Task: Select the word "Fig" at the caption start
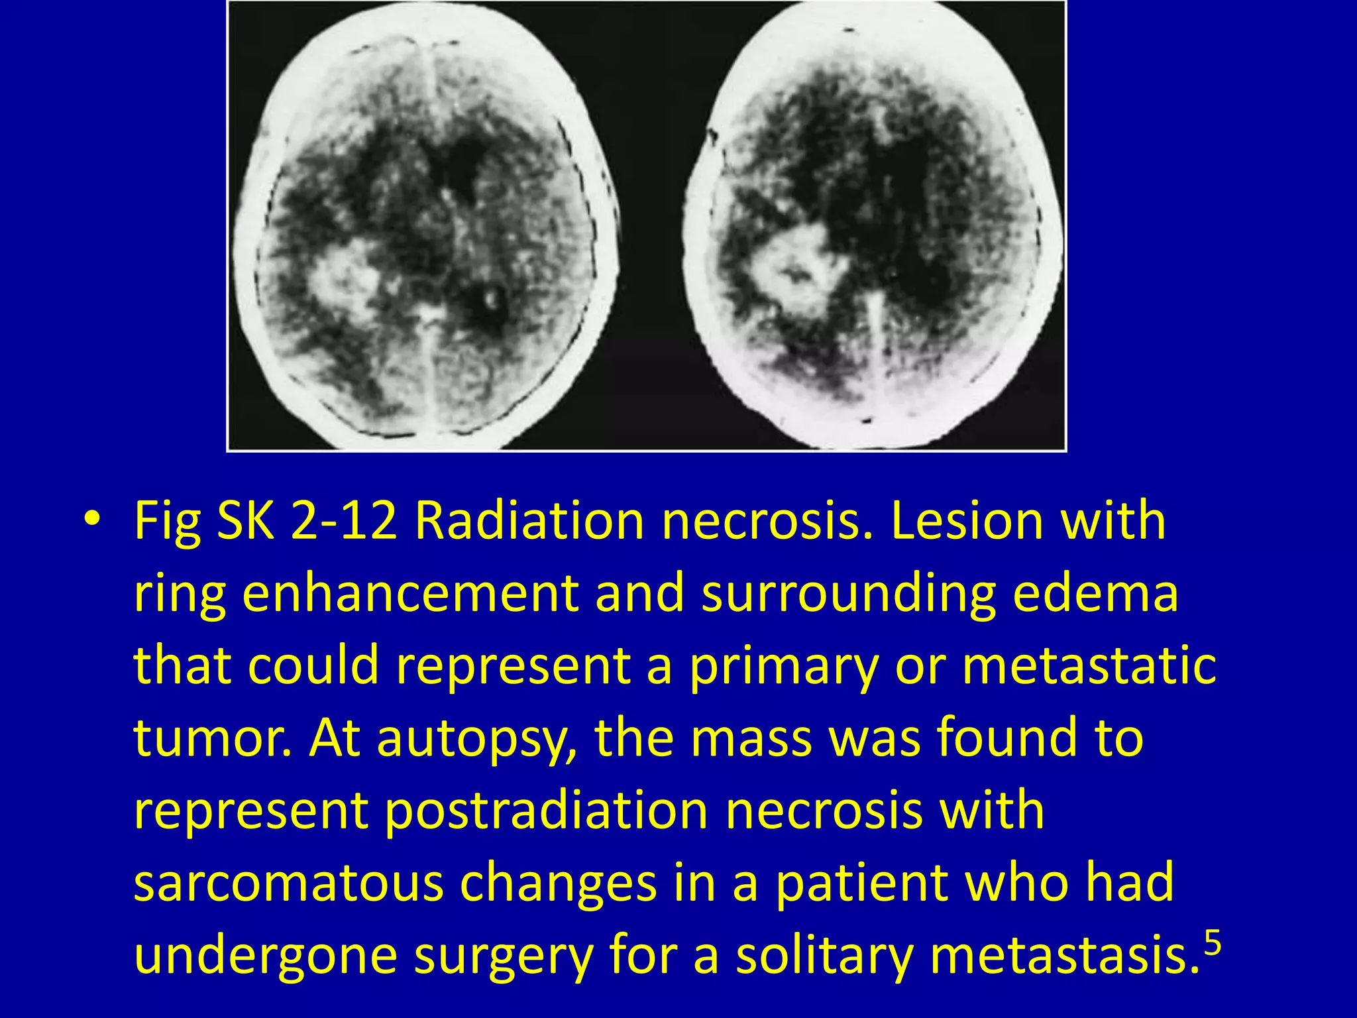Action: click(167, 522)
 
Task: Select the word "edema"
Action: click(1096, 593)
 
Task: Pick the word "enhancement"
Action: click(409, 593)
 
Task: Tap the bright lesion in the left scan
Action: click(345, 278)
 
